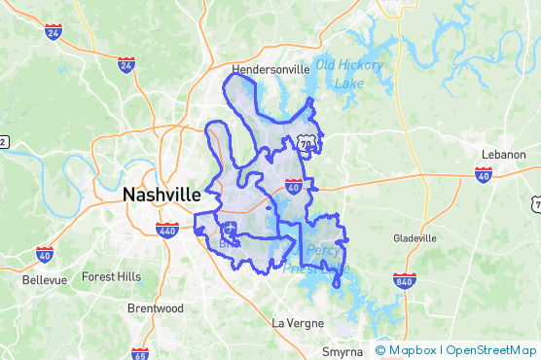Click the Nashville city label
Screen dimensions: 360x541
162,195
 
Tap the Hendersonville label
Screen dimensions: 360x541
270,69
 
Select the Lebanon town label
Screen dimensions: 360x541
503,155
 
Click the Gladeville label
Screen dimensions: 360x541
415,238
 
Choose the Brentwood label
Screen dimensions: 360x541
156,307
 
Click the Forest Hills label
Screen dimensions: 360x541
111,276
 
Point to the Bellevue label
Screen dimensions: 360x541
45,280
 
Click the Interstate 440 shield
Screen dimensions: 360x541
167,231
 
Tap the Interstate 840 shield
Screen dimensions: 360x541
407,280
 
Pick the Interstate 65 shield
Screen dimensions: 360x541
140,353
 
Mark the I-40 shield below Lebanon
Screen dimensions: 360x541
484,175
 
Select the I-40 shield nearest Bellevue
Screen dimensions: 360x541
45,254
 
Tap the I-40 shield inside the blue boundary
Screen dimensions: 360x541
293,187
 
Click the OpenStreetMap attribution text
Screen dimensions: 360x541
490,350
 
